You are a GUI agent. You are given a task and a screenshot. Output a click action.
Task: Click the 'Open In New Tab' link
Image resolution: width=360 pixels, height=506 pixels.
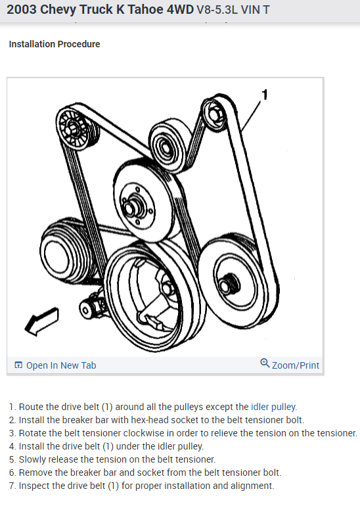pos(60,365)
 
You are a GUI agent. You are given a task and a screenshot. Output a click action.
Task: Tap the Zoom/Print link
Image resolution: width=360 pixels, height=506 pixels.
pos(295,365)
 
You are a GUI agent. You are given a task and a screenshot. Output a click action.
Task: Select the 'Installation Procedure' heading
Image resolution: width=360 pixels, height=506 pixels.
pos(55,44)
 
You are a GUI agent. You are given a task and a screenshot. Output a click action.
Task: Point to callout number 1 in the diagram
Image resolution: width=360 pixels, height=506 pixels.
pos(265,95)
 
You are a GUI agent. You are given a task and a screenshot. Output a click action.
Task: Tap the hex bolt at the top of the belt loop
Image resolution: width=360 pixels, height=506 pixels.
pos(215,116)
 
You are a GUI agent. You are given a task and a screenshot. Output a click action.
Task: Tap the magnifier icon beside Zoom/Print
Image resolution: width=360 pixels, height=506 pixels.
pos(265,363)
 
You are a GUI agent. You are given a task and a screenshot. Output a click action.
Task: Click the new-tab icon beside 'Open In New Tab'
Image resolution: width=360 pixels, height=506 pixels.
pos(18,365)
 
